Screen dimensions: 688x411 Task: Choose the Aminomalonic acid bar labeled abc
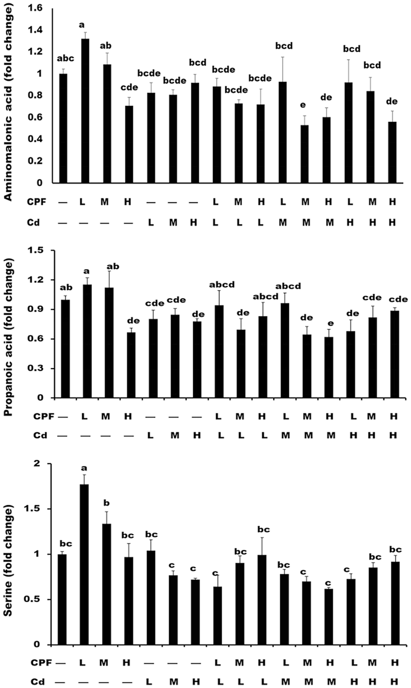tap(63, 128)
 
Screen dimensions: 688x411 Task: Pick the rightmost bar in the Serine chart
tap(395, 603)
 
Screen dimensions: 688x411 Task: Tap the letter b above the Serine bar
tap(106, 503)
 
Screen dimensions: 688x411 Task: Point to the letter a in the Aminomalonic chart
tap(85, 25)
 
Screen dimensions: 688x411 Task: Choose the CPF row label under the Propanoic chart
tap(44, 417)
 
